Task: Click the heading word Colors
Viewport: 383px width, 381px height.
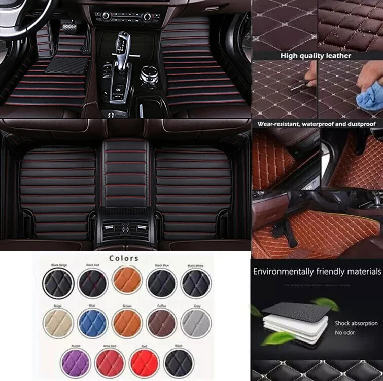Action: [x=123, y=258]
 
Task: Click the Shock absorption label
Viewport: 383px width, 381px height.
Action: [x=356, y=323]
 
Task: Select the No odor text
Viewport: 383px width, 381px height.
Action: [x=345, y=333]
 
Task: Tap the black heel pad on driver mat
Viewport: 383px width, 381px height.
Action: [x=67, y=64]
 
